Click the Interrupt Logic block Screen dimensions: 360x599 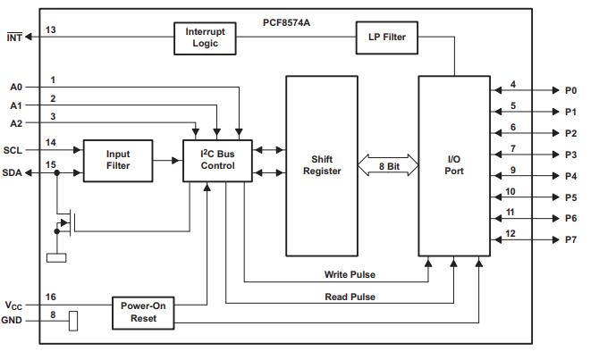(x=207, y=38)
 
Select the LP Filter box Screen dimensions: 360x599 (x=387, y=37)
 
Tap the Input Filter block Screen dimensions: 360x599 (x=118, y=160)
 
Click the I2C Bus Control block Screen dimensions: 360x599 (x=218, y=160)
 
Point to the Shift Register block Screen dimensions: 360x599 (x=321, y=166)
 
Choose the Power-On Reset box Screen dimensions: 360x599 (x=143, y=312)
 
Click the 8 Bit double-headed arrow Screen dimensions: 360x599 (x=388, y=166)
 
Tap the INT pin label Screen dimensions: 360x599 (x=13, y=37)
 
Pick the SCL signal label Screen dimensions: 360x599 (x=13, y=150)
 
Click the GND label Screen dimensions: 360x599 (x=13, y=320)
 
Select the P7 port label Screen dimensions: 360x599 (x=570, y=240)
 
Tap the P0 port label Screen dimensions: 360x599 (x=570, y=90)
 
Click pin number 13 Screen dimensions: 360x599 (x=51, y=30)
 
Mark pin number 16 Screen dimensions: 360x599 (x=51, y=297)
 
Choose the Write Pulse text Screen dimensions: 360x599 (x=350, y=274)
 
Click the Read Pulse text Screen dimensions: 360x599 (x=350, y=296)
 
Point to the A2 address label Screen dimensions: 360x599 (x=15, y=123)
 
